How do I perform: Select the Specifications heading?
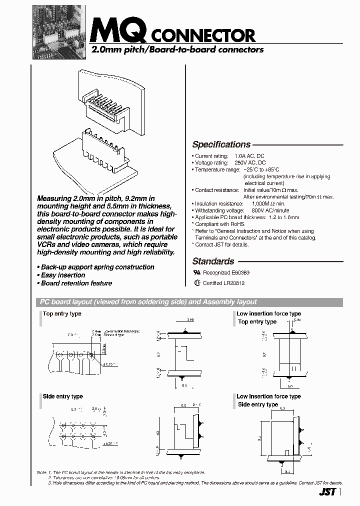(x=221, y=144)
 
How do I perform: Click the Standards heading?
(x=213, y=261)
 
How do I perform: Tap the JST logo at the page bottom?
(x=326, y=492)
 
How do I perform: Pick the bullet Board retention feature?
(x=74, y=283)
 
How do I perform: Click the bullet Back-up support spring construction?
(x=95, y=267)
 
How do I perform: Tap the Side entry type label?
(x=62, y=396)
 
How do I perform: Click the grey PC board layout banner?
(x=190, y=302)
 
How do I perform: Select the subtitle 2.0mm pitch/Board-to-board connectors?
(x=176, y=49)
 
